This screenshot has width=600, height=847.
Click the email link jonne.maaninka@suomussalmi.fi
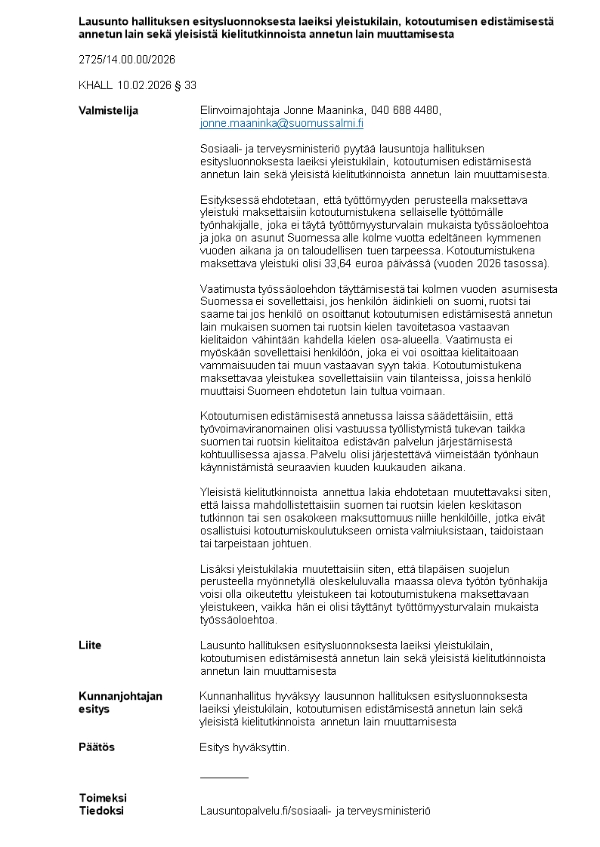[x=281, y=123]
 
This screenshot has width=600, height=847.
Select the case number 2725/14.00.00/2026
[x=127, y=60]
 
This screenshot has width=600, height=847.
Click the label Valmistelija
[x=108, y=110]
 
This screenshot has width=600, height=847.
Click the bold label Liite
[x=90, y=645]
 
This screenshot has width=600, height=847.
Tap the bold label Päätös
[x=97, y=747]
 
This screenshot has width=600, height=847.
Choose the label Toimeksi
[x=103, y=798]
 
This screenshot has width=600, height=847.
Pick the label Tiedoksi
[x=101, y=811]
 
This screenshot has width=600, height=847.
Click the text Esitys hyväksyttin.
[x=244, y=747]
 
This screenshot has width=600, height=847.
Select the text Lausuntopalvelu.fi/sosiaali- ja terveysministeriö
[x=314, y=811]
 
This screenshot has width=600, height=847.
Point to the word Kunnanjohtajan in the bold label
[x=120, y=696]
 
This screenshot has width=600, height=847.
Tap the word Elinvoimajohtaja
[x=240, y=110]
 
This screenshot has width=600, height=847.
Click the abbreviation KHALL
[x=95, y=85]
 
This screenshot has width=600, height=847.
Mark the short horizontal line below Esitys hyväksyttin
[x=224, y=777]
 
